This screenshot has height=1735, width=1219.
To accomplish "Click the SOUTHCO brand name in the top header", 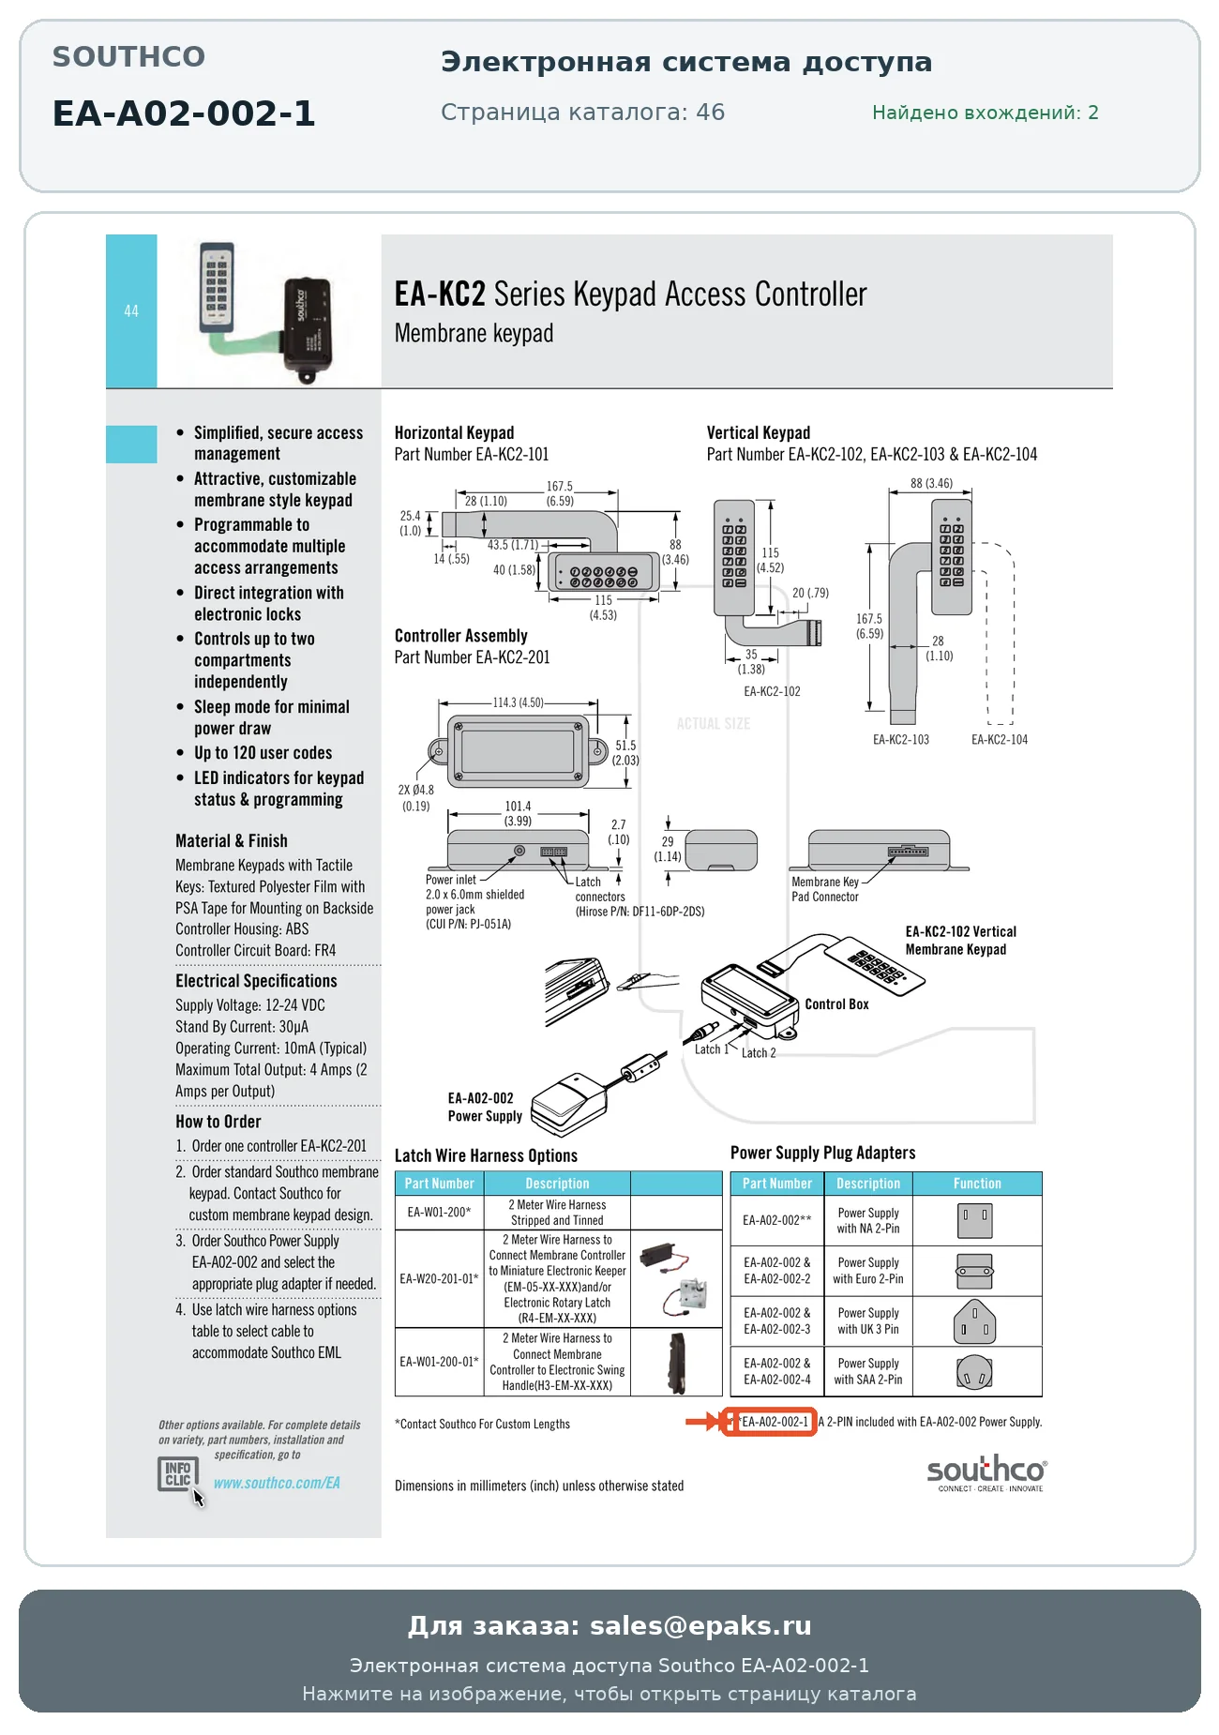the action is tap(128, 57).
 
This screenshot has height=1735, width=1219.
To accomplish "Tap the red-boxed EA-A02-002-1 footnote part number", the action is tap(775, 1422).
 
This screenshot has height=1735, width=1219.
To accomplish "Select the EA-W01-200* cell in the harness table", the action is tap(439, 1212).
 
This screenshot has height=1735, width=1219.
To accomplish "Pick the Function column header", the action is tap(977, 1184).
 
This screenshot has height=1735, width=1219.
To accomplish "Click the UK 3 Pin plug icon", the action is tap(974, 1321).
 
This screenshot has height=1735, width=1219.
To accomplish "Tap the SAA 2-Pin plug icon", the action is tap(974, 1372).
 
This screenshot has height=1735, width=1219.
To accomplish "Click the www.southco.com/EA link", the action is tap(277, 1483).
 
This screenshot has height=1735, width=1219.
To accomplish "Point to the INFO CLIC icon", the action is tap(178, 1474).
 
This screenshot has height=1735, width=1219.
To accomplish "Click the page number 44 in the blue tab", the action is tap(131, 310).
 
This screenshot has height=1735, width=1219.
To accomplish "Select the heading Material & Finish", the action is tap(232, 841).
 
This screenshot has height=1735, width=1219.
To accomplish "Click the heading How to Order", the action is tap(218, 1122).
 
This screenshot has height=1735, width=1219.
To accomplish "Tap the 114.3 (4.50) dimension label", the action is tap(519, 702).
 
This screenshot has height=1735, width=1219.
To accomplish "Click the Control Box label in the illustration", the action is tap(836, 1004).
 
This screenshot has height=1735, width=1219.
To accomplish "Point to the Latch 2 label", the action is tap(759, 1053).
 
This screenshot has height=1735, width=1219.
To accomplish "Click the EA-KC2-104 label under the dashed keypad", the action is tap(1000, 740).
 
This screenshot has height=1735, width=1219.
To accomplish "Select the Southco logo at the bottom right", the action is tap(986, 1472).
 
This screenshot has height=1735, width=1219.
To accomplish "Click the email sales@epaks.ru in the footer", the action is tap(700, 1625).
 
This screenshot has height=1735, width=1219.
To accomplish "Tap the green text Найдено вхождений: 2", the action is tap(986, 113).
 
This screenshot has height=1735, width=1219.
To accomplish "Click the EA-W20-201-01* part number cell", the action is tap(439, 1278).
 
